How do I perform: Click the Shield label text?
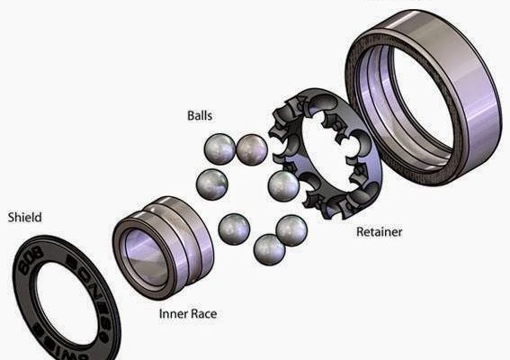coord(24,217)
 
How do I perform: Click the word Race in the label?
coord(203,314)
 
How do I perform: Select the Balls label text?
coord(200,116)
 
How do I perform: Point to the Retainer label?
coord(379,231)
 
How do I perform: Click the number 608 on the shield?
coord(27,263)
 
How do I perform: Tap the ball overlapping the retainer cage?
coord(283,185)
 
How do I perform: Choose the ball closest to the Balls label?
coord(219,148)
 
